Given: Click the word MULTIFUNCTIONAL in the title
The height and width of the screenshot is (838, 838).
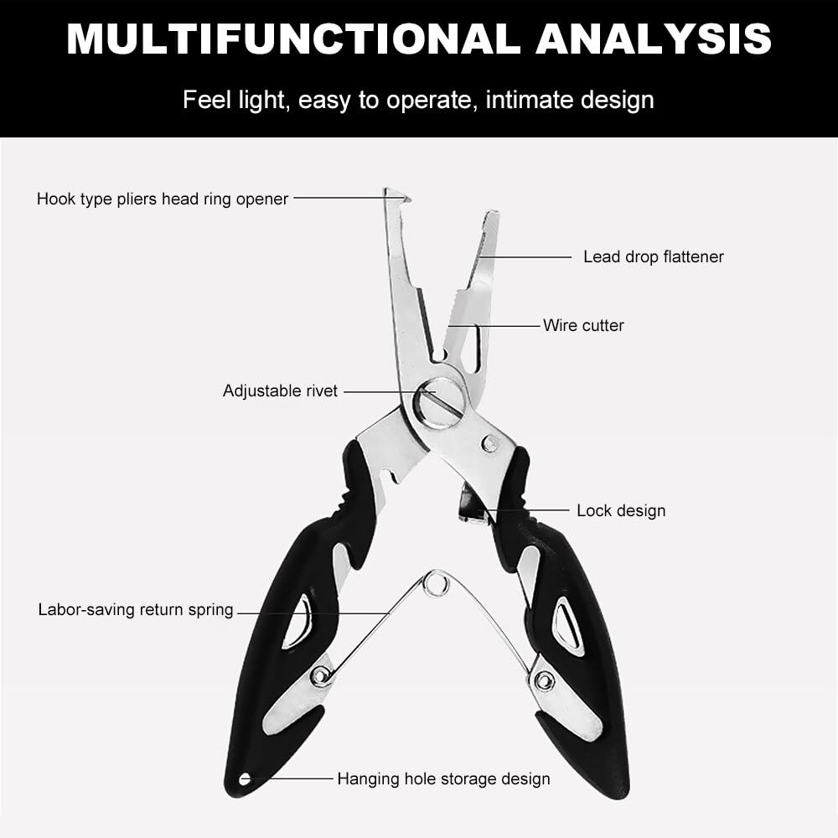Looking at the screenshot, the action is tap(293, 39).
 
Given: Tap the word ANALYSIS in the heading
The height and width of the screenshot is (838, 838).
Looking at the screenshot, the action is tap(654, 39).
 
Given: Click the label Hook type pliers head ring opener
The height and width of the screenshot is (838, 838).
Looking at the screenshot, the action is tap(163, 199).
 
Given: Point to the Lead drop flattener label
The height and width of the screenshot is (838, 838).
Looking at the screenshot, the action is tap(653, 256).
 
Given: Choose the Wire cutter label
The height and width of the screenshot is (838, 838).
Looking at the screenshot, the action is tap(583, 325).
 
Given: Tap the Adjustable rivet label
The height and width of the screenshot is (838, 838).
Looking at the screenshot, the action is tap(280, 391).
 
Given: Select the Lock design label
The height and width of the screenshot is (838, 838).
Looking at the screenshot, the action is tap(621, 510).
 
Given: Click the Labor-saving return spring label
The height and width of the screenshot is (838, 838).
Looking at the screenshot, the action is tap(136, 609).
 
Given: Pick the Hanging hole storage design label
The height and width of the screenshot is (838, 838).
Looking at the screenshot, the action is tap(443, 779).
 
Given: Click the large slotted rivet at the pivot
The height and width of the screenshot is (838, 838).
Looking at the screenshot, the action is tap(440, 401).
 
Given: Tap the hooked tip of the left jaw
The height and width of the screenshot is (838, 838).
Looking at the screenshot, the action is tap(397, 195).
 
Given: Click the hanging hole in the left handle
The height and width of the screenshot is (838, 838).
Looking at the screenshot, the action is tap(245, 779).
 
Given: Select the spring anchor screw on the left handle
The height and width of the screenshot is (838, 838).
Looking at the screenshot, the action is tap(319, 676).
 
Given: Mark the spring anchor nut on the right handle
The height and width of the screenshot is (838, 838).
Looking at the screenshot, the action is tap(544, 680).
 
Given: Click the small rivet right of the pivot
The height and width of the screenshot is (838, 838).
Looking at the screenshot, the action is tap(490, 442).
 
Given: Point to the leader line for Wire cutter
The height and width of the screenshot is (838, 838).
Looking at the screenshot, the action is tap(494, 325).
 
